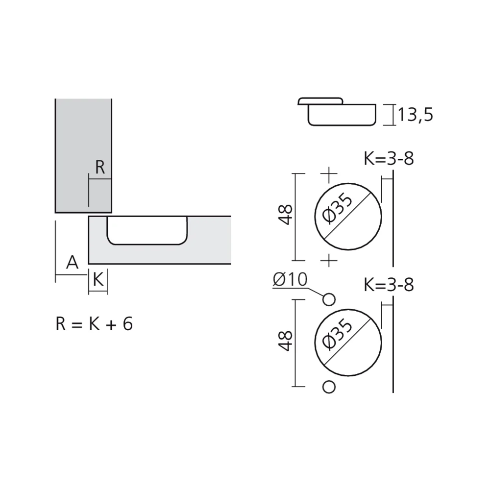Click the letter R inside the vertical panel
(100, 168)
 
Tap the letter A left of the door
(72, 263)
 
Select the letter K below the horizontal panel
(98, 280)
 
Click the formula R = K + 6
(94, 324)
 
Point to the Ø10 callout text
(290, 279)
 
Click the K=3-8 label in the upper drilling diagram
(389, 160)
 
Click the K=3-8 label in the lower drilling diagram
(389, 285)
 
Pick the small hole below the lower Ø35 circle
(329, 387)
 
